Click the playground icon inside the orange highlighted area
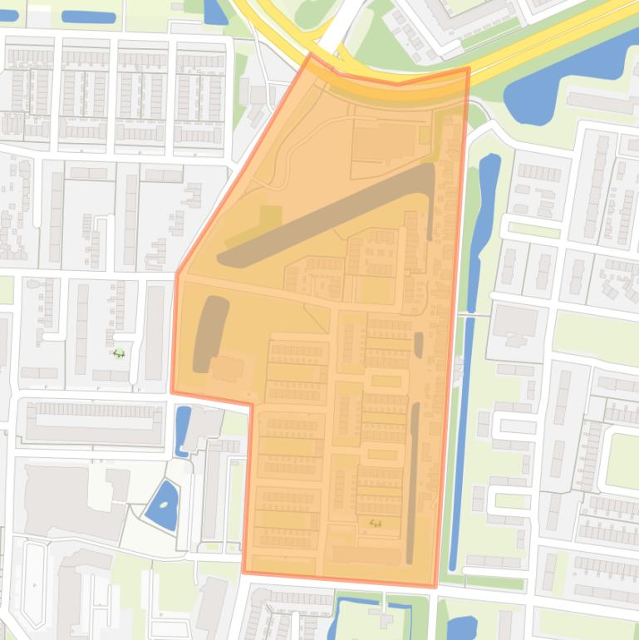(x=375, y=523)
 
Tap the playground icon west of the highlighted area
(x=118, y=353)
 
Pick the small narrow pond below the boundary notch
(x=182, y=430)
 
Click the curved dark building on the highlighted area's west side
(x=209, y=332)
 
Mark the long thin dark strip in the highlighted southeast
(x=413, y=482)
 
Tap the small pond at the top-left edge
(x=88, y=17)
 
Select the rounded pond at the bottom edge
(x=461, y=628)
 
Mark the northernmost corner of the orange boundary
(x=311, y=55)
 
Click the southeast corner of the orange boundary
(x=435, y=586)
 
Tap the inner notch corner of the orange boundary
(x=251, y=405)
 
